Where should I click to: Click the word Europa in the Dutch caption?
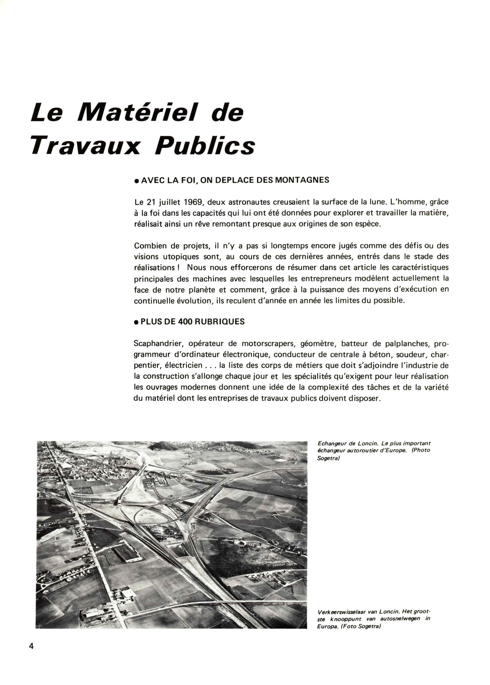pyautogui.click(x=325, y=626)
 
